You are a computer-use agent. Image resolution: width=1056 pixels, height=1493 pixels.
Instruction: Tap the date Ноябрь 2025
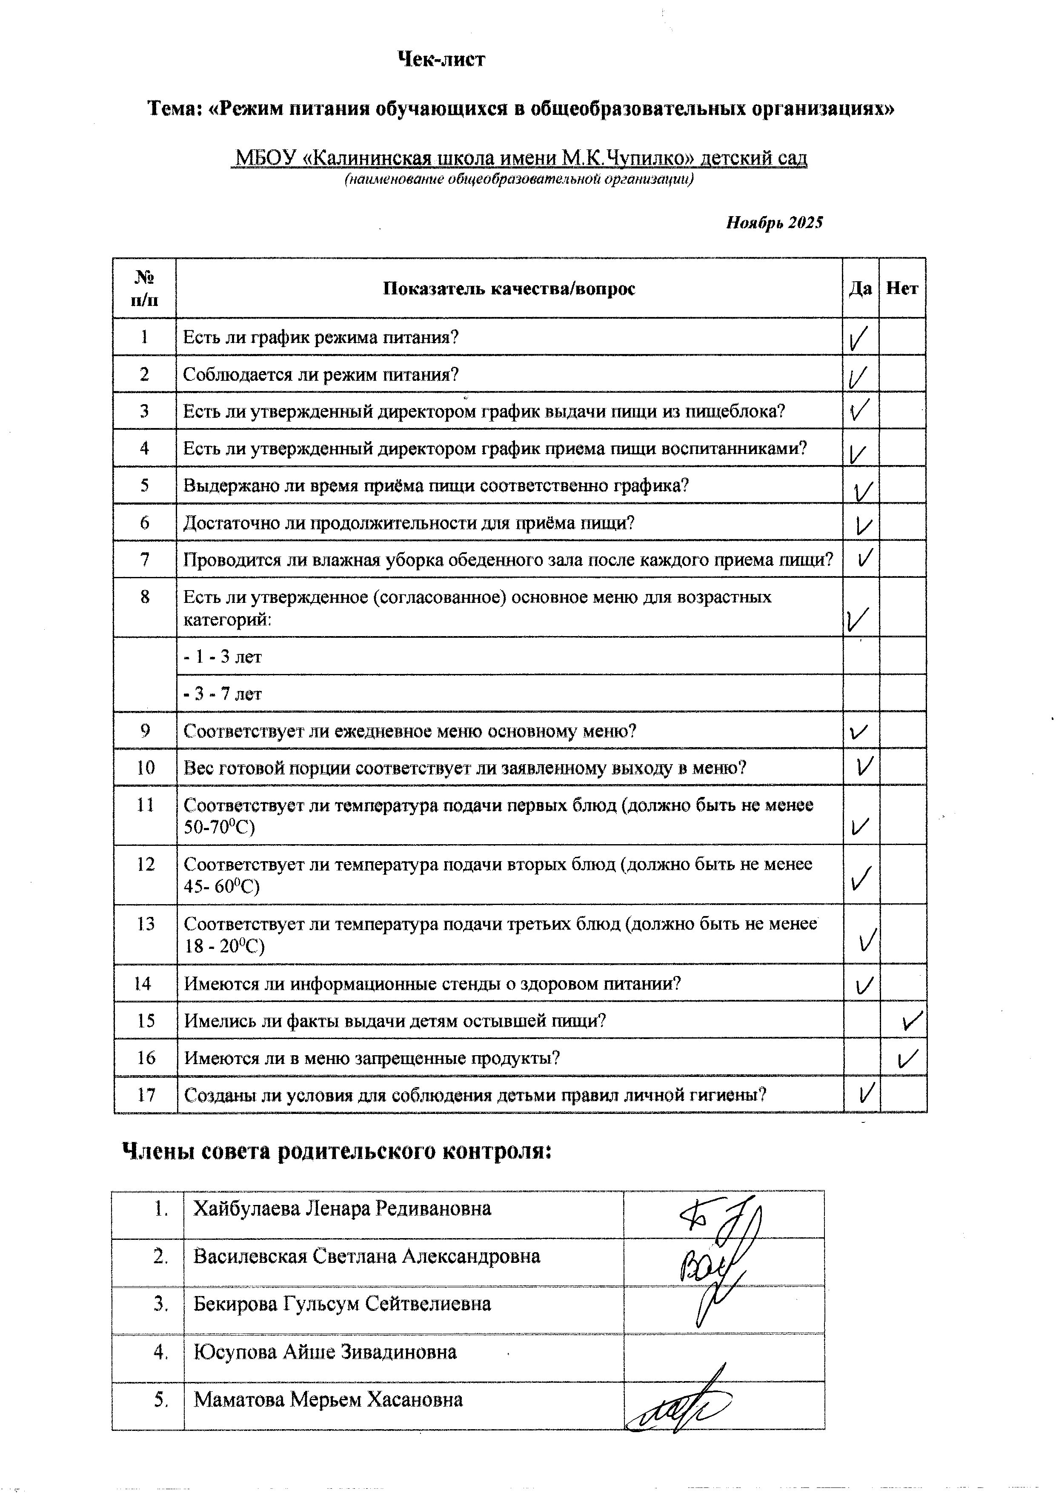[774, 223]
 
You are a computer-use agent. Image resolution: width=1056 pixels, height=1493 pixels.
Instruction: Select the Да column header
[860, 288]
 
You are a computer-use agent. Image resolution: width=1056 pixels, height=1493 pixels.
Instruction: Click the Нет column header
[902, 288]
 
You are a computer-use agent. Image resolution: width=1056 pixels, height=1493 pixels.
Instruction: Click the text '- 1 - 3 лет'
[223, 657]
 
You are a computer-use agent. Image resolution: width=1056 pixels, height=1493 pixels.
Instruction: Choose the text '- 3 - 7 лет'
[223, 694]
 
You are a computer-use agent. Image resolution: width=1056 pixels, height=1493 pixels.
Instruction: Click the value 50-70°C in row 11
[219, 827]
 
